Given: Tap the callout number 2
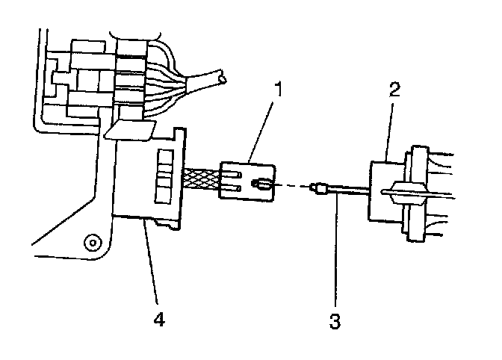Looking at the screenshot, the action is pyautogui.click(x=394, y=91).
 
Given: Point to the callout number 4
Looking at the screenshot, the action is pyautogui.click(x=157, y=320).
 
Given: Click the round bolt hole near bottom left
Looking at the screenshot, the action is pyautogui.click(x=91, y=242).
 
